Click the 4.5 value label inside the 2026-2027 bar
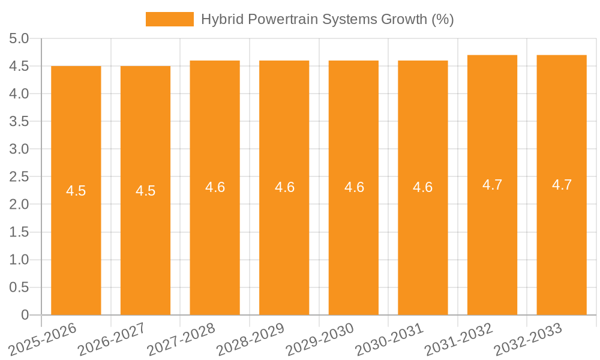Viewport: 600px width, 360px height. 145,191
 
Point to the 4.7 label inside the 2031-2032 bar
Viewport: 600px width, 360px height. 492,185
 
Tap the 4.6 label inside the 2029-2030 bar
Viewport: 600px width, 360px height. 354,187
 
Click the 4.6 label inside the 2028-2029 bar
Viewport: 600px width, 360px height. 284,187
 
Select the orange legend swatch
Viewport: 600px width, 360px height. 170,19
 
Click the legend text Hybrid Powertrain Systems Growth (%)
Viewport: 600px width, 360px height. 327,19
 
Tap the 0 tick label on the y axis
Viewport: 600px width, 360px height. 25,315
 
